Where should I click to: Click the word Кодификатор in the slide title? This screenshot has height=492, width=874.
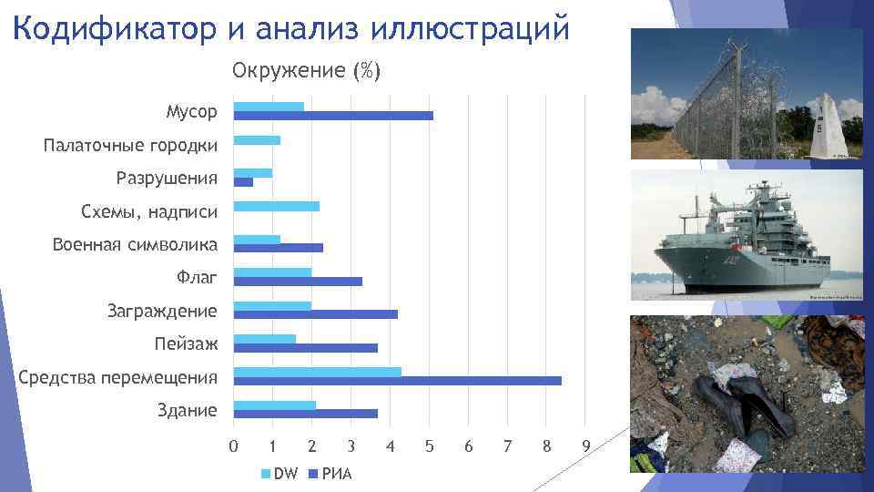[x=114, y=27]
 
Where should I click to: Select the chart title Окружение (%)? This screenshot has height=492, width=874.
[x=306, y=71]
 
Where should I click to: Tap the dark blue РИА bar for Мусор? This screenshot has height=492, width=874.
[x=333, y=116]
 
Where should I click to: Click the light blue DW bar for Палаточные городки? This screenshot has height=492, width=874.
[x=257, y=140]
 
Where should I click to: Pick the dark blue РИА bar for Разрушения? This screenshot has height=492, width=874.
[x=243, y=182]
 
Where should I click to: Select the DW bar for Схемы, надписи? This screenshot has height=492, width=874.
[x=277, y=206]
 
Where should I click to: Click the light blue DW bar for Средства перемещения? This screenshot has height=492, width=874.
[x=317, y=372]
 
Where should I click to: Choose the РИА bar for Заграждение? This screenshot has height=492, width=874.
[x=315, y=314]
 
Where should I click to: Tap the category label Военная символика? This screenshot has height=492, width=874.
[x=135, y=245]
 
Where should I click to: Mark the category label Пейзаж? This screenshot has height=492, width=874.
[x=186, y=344]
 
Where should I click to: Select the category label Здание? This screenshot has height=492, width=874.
[x=188, y=410]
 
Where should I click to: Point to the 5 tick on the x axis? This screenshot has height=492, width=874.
[x=429, y=446]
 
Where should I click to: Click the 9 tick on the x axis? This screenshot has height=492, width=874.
[x=586, y=446]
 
